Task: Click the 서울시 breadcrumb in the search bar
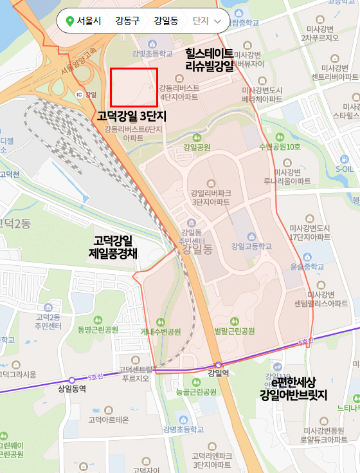coord(84,21)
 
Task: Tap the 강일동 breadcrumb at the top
coord(166,21)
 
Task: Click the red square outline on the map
coord(134,87)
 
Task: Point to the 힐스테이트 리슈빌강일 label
coord(210,59)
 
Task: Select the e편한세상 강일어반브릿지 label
coord(294,389)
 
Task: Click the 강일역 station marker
coord(219,365)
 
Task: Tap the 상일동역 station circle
coord(72,380)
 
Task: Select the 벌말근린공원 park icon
coord(234,321)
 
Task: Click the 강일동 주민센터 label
coord(193,236)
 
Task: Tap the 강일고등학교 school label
coord(251,246)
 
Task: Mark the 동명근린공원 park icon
coord(98,320)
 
